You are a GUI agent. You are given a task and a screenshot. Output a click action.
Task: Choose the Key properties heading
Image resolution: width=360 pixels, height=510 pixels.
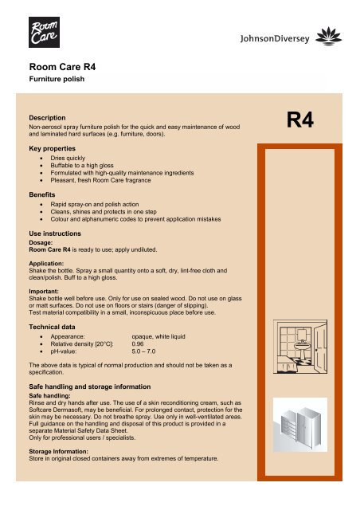(x=57, y=149)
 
